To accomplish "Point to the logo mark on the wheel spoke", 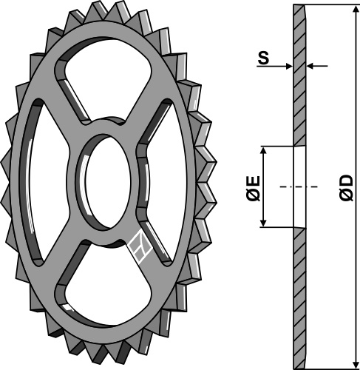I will point(140,247).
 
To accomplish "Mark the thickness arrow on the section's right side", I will point(311,67).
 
